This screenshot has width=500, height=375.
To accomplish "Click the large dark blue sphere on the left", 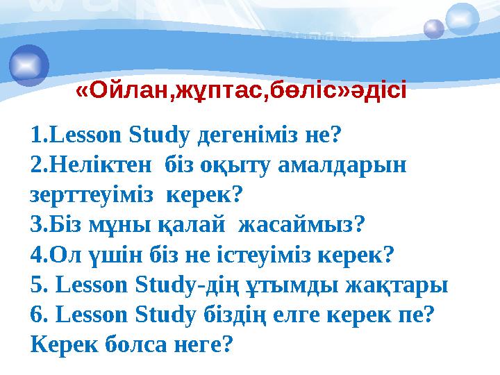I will tap(29, 65).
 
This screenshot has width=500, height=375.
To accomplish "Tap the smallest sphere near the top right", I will tap(434, 28).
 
